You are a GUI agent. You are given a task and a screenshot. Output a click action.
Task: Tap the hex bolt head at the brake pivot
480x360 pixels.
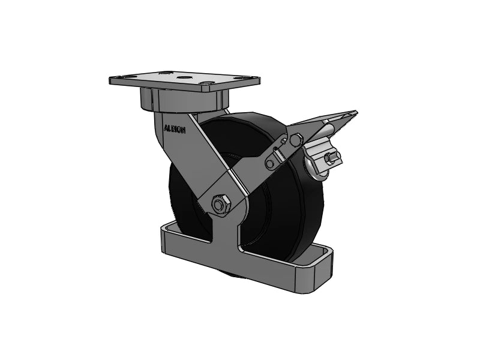coord(295,140)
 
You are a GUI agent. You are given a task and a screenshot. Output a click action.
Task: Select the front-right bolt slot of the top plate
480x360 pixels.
coord(208,83)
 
